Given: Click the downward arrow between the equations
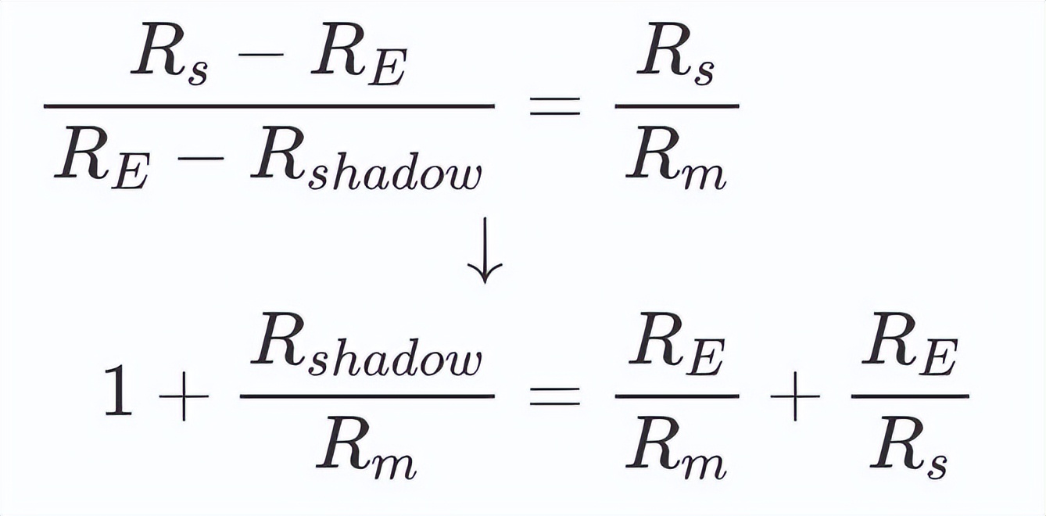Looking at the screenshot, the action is coord(485,250).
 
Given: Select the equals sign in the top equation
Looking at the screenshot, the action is coord(555,106).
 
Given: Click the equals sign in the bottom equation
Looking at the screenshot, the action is coord(555,396).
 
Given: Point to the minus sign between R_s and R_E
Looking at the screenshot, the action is coord(260,55).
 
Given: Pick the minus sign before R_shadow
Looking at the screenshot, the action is coord(201,159).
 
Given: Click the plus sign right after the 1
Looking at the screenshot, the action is coord(184,396).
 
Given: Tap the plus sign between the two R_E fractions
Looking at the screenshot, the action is coord(795,396).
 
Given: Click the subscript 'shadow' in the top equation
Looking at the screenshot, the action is coord(395,176).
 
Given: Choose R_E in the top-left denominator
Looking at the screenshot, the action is coord(102,159).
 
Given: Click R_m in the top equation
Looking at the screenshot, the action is coord(676,158).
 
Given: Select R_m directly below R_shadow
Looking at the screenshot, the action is coord(367,448).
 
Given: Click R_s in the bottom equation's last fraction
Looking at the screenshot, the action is coord(908,448).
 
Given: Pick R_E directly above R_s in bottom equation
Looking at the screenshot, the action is coord(910,345).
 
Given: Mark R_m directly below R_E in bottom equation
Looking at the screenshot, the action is coord(676,448).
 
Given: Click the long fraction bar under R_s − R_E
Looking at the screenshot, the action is coord(270,106).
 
